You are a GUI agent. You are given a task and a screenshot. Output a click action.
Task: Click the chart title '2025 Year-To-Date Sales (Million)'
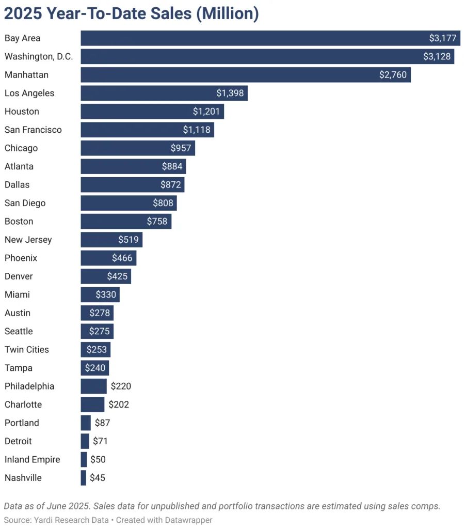[132, 14]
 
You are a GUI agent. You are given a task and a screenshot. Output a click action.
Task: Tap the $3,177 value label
[442, 38]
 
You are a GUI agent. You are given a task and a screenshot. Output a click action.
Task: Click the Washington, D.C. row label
[39, 57]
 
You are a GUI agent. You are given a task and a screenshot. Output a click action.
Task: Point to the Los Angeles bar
[164, 94]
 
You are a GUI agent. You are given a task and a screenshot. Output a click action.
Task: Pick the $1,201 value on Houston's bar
[206, 112]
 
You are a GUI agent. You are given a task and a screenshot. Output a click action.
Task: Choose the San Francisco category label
[33, 130]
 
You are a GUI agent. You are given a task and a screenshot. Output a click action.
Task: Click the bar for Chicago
[137, 148]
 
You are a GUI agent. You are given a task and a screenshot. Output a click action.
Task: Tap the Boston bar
[125, 222]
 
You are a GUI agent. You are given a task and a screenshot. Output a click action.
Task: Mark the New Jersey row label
[28, 240]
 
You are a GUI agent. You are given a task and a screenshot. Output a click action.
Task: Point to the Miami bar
[100, 295]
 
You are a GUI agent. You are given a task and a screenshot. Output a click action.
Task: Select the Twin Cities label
[27, 350]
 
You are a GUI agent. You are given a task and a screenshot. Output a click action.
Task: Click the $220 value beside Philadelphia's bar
[121, 386]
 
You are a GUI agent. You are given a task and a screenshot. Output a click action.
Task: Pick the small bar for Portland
[86, 423]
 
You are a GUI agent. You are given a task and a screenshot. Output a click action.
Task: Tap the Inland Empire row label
[33, 460]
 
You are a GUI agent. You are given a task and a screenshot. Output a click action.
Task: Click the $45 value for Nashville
[98, 478]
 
